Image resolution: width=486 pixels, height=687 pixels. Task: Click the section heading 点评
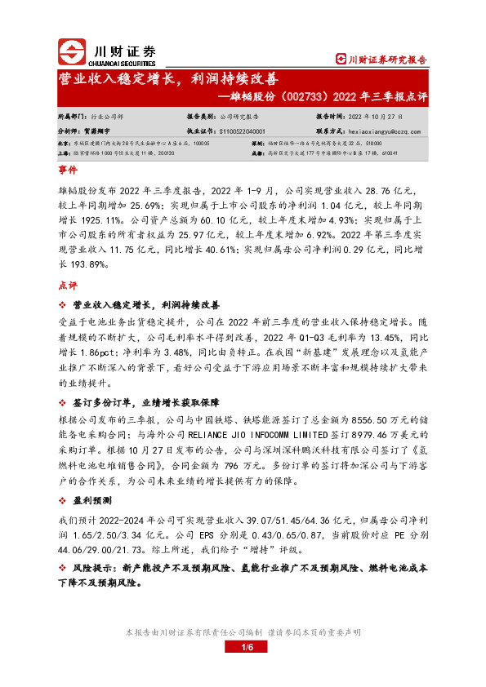(x=67, y=286)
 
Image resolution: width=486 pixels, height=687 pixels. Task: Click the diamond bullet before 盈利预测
(x=62, y=499)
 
